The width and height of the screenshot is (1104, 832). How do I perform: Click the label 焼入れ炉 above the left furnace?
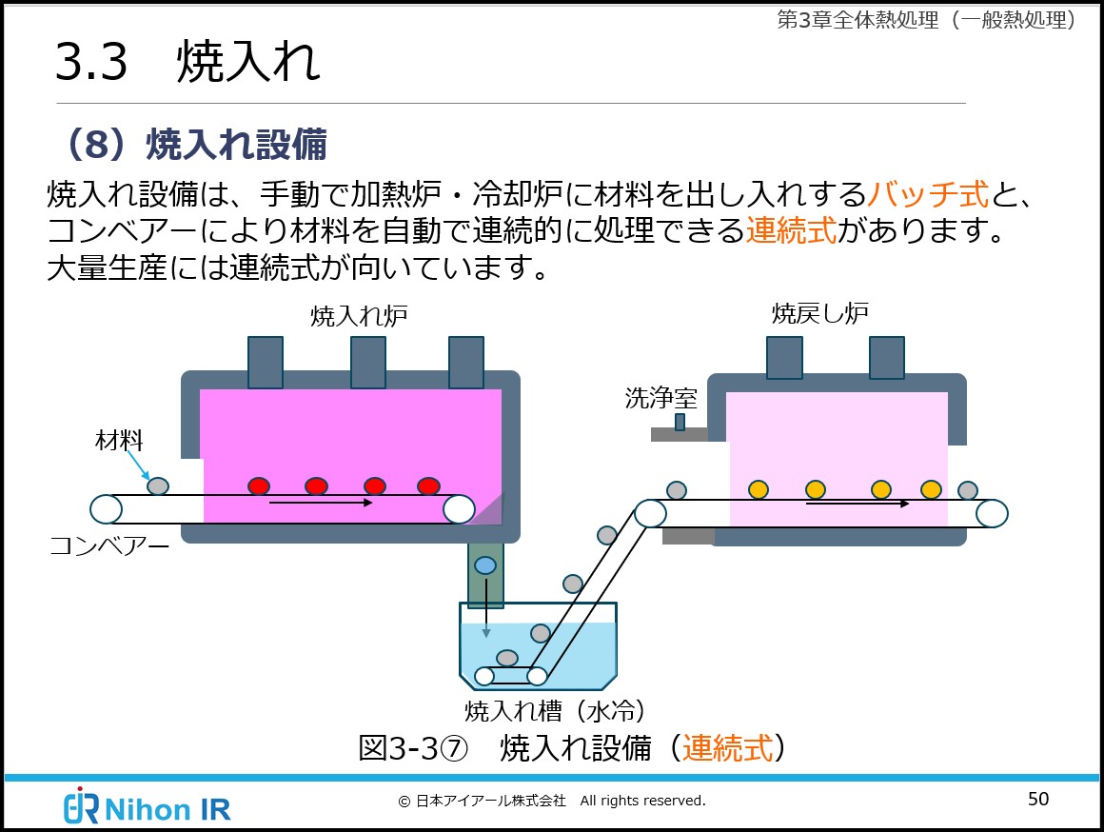click(359, 317)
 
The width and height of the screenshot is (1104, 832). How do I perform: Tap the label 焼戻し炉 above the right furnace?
click(819, 313)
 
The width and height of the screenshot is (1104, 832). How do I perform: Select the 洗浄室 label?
click(660, 398)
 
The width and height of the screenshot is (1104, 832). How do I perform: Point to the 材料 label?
click(119, 440)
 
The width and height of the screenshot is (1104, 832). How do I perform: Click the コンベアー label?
click(109, 545)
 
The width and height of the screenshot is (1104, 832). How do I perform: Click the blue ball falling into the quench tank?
click(485, 565)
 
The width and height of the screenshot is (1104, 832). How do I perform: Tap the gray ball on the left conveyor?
click(158, 486)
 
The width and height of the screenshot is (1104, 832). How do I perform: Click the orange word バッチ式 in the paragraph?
click(928, 194)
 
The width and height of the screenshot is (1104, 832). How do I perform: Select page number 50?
click(1038, 799)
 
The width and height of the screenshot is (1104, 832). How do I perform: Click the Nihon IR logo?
click(148, 806)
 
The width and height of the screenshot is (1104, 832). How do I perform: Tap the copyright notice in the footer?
click(552, 801)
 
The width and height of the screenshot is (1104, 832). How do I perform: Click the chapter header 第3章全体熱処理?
click(926, 20)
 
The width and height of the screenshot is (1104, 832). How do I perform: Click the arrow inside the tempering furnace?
click(858, 503)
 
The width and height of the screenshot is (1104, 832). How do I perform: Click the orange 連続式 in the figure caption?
click(727, 748)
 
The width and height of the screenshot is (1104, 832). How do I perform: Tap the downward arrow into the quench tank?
click(485, 609)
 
